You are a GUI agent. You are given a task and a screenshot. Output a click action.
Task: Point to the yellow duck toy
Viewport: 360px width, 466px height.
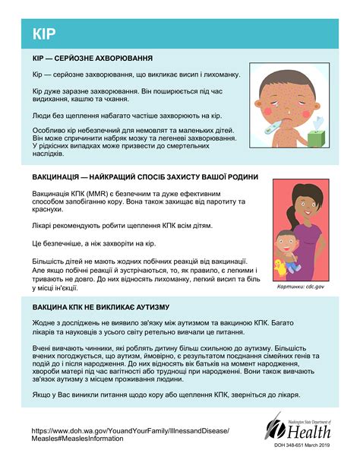[x=284, y=266]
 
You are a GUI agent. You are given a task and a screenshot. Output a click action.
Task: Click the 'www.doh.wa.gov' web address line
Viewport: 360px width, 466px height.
[x=129, y=430]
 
